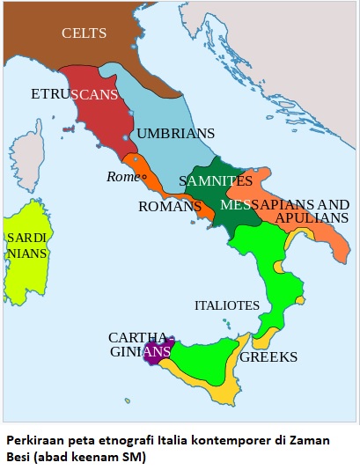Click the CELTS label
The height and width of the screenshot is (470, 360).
(x=84, y=33)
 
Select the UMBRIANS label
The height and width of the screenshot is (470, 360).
(x=175, y=134)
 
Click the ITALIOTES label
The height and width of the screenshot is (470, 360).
(x=226, y=305)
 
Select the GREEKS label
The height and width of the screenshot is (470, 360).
(x=268, y=358)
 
